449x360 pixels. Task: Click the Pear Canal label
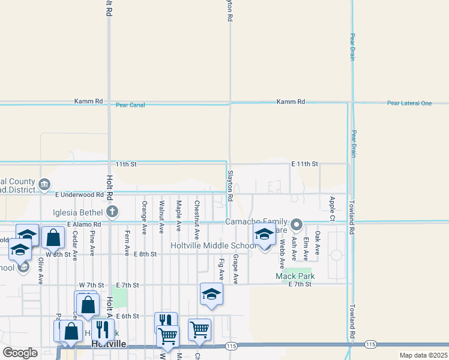click(x=131, y=105)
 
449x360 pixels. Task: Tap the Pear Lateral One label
click(x=409, y=103)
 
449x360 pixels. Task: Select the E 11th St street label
click(x=304, y=164)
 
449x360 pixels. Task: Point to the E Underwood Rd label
click(x=79, y=194)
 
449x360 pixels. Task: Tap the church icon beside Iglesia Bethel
click(x=112, y=211)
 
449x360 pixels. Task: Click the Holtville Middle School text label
click(x=213, y=245)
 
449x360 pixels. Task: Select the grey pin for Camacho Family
click(x=297, y=226)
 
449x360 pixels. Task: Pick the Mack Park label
click(x=295, y=276)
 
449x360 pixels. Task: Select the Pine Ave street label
click(x=92, y=242)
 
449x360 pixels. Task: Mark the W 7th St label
click(x=92, y=284)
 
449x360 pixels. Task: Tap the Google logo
click(x=20, y=353)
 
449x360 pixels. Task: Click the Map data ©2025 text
click(x=423, y=355)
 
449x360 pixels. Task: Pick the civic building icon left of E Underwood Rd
click(x=44, y=184)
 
